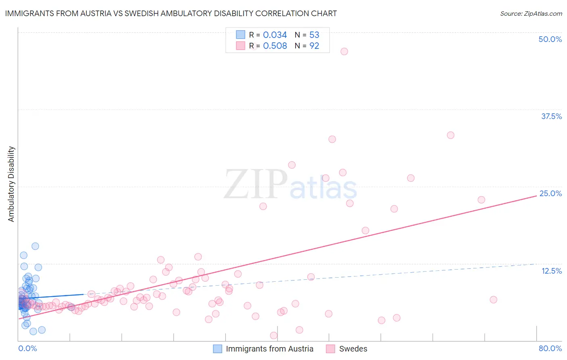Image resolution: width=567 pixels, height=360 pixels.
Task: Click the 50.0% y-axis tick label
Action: pos(550,39)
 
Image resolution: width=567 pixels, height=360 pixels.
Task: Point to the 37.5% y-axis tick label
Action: pos(551,116)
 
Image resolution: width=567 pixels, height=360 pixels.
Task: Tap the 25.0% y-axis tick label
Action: pos(550,193)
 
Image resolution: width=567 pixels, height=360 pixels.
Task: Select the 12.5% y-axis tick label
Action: pos(551,271)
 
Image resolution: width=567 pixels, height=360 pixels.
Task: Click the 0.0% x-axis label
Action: pos(27,348)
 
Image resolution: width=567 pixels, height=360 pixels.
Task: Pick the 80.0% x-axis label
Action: pos(550,348)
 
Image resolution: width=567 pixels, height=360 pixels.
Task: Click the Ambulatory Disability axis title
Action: pos(11,184)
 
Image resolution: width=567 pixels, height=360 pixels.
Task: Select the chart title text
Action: pos(171,13)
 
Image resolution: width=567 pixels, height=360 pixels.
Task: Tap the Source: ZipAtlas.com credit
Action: pos(531,13)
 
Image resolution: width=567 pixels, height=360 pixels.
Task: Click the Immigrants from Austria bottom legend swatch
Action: pos(217,349)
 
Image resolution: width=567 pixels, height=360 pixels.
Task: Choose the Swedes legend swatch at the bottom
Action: pos(331,349)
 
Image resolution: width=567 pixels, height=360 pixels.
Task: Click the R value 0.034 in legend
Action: pos(275,35)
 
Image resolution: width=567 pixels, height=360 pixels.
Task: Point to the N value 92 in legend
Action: pos(314,46)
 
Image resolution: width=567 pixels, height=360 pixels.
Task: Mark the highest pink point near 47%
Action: pos(344,51)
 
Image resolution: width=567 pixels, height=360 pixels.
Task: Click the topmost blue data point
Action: pos(35,246)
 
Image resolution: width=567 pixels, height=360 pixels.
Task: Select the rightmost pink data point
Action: pos(493,299)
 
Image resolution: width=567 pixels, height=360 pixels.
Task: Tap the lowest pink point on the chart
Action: pos(273,335)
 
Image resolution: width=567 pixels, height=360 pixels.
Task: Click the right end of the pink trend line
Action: pos(536,195)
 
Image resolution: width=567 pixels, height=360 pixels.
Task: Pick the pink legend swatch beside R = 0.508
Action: pos(240,46)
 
